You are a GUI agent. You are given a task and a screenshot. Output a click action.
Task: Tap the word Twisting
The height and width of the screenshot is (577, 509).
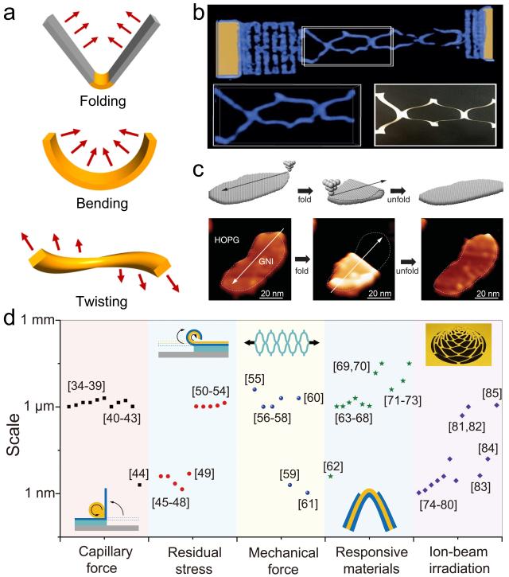point(90,301)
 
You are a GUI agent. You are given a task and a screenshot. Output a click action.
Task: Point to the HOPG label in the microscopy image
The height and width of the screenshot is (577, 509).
point(230,236)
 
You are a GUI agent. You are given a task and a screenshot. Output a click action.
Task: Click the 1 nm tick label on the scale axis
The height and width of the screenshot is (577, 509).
point(37,493)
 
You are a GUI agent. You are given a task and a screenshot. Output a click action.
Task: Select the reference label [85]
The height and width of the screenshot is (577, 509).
point(492,392)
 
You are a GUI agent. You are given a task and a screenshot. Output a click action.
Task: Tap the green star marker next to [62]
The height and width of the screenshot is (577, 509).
point(331,476)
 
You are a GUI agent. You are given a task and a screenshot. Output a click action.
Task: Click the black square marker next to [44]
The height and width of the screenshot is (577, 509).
point(139,484)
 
